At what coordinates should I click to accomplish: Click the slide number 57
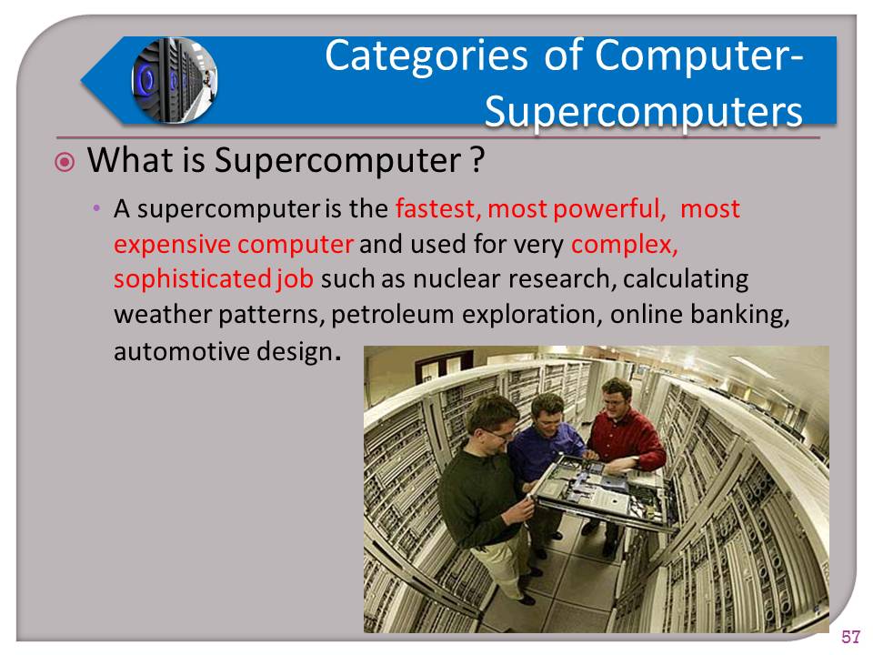850,636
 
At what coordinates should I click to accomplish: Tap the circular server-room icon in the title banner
174,80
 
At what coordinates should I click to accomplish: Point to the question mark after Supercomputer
475,161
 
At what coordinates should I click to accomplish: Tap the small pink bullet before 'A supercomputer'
95,210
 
